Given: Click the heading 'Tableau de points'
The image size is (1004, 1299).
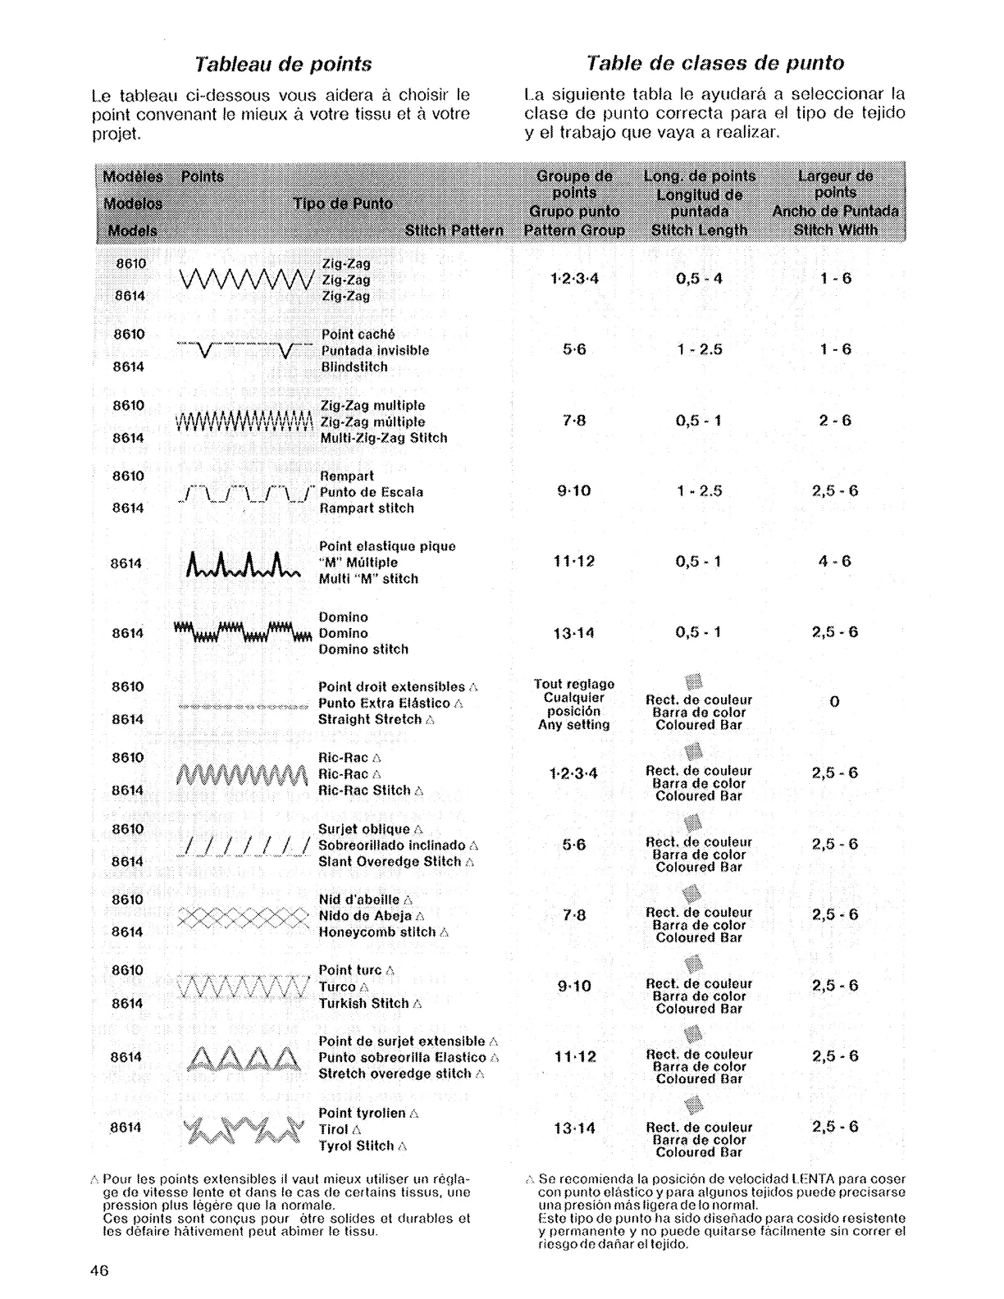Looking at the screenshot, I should pyautogui.click(x=282, y=64).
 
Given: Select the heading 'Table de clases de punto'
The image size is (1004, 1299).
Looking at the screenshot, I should pyautogui.click(x=715, y=63).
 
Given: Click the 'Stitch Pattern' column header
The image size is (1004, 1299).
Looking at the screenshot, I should pyautogui.click(x=454, y=230).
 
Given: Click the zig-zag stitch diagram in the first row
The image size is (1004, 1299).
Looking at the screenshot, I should pyautogui.click(x=245, y=280).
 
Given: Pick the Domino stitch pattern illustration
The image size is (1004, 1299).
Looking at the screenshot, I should pyautogui.click(x=244, y=633).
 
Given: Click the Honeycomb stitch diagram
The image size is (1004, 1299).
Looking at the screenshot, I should pyautogui.click(x=244, y=916).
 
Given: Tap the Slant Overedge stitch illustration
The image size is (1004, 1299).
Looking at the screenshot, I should pyautogui.click(x=244, y=846).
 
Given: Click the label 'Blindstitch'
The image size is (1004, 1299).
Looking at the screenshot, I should pyautogui.click(x=354, y=367).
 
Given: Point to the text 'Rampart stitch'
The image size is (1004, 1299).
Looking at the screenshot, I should pyautogui.click(x=367, y=508).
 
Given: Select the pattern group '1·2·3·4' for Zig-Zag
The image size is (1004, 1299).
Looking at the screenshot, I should pyautogui.click(x=574, y=278).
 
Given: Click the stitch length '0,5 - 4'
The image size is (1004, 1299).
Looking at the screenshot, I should pyautogui.click(x=699, y=278).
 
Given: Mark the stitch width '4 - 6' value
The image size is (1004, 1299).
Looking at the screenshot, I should pyautogui.click(x=835, y=562).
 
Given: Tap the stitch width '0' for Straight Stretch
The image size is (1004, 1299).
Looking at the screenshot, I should pyautogui.click(x=834, y=702).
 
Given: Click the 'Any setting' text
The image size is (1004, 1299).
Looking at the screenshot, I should pyautogui.click(x=574, y=725).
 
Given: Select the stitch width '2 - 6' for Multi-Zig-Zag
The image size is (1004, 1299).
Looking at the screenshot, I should pyautogui.click(x=835, y=421).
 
